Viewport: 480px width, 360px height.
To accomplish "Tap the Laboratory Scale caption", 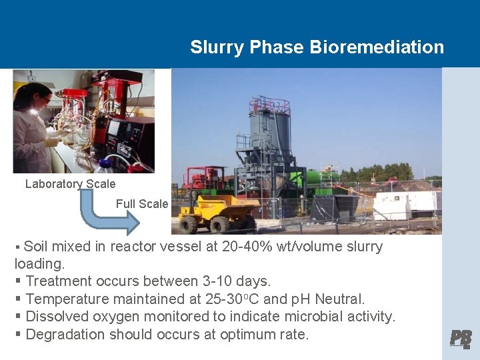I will pyautogui.click(x=70, y=184).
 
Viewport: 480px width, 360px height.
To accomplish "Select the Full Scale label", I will pyautogui.click(x=142, y=204).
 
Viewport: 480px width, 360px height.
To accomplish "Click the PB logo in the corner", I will pyautogui.click(x=461, y=339).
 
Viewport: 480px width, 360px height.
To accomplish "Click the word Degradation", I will pyautogui.click(x=65, y=334).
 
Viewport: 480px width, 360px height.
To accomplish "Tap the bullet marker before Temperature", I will pyautogui.click(x=19, y=299).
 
